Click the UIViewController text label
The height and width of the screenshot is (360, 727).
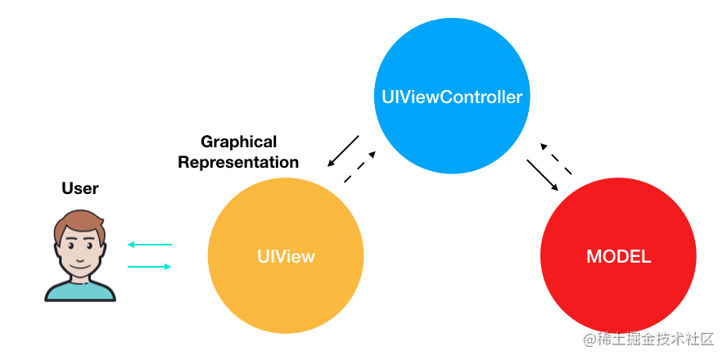(452, 97)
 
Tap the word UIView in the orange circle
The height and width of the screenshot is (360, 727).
(286, 256)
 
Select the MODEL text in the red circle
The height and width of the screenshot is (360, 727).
(618, 257)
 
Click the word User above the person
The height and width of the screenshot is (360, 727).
(80, 188)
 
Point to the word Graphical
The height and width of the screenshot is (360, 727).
(239, 142)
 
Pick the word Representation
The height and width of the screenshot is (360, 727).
(238, 163)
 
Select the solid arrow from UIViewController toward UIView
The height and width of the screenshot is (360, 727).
(343, 151)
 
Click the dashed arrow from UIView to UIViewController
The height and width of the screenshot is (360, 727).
(359, 167)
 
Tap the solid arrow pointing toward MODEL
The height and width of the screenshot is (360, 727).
(543, 175)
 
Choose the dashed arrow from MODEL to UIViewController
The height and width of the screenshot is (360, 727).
(556, 159)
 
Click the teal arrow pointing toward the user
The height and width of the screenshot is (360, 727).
(150, 245)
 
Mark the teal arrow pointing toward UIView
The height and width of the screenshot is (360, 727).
(150, 267)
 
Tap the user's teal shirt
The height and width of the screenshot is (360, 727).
(79, 292)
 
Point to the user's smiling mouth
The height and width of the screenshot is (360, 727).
(79, 264)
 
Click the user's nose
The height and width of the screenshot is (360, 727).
(79, 254)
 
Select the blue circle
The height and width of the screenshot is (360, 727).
(452, 97)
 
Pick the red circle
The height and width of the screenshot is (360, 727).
(618, 256)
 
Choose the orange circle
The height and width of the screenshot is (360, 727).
(286, 256)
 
